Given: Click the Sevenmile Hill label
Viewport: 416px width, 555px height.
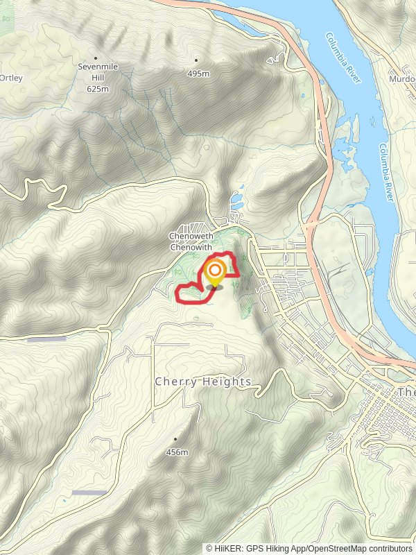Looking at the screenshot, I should click(x=95, y=72).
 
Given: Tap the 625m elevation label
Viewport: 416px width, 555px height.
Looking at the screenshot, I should click(x=98, y=89).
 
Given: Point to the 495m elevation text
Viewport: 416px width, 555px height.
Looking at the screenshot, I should click(x=198, y=73).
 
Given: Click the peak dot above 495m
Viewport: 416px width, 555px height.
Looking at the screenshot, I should click(x=196, y=60).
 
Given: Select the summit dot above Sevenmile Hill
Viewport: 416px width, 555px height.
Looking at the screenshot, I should click(x=95, y=58).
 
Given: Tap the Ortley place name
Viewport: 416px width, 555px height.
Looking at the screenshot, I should click(x=11, y=78).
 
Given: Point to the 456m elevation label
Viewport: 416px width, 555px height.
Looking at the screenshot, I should click(x=177, y=452).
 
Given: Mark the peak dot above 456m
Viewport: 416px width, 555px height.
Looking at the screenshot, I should click(x=175, y=438).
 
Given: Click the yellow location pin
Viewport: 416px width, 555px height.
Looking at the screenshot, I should click(x=214, y=273).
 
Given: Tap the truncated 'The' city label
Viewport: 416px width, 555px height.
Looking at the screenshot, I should click(x=406, y=393).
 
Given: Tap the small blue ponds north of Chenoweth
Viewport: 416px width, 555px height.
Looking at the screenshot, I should click(x=236, y=202).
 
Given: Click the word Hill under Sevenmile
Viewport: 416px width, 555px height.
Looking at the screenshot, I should click(x=98, y=79).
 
